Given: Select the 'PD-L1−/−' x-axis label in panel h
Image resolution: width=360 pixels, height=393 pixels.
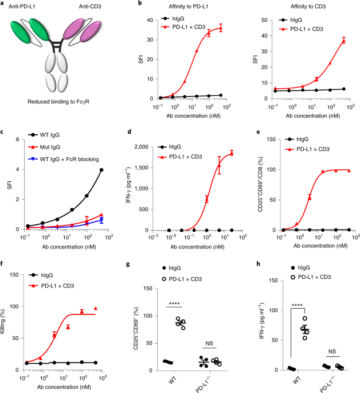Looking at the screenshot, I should click(330, 382).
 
